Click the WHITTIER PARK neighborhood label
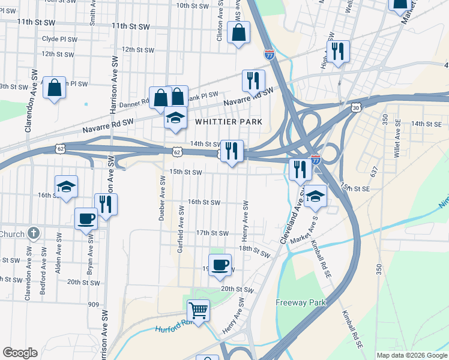tap(229, 122)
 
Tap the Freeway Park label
tap(301, 302)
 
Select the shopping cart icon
tap(198, 310)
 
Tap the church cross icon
tap(34, 233)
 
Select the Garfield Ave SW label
tap(180, 228)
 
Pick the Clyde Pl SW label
tap(59, 39)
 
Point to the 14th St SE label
tap(426, 123)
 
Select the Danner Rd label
tap(134, 104)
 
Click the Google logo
tap(20, 353)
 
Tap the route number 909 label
tap(93, 304)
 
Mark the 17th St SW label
tap(212, 233)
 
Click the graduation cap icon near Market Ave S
tap(315, 196)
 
